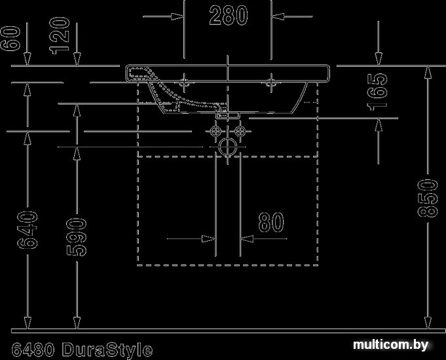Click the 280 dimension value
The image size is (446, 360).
[x=229, y=15]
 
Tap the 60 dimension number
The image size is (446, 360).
[x=11, y=39]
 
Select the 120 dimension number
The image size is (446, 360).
[x=60, y=35]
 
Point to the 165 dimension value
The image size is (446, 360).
[x=377, y=92]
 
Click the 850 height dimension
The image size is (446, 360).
[x=428, y=198]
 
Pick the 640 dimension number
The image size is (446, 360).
[x=28, y=230]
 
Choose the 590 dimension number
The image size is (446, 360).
[x=77, y=237]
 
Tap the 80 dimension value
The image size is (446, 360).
[x=271, y=221]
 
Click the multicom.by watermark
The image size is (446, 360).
[x=390, y=345]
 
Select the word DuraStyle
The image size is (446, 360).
[x=107, y=350]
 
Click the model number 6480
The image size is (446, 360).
[x=33, y=349]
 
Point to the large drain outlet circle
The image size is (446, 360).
[x=227, y=147]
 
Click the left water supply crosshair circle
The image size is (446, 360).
[x=215, y=131]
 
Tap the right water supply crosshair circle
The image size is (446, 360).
[x=240, y=131]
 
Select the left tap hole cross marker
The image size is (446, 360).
[x=184, y=82]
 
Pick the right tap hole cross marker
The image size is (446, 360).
[x=271, y=82]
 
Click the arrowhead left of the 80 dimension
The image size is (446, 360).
[x=209, y=239]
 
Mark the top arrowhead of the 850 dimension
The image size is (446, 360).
[x=428, y=72]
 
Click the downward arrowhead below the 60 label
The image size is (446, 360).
[x=28, y=60]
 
